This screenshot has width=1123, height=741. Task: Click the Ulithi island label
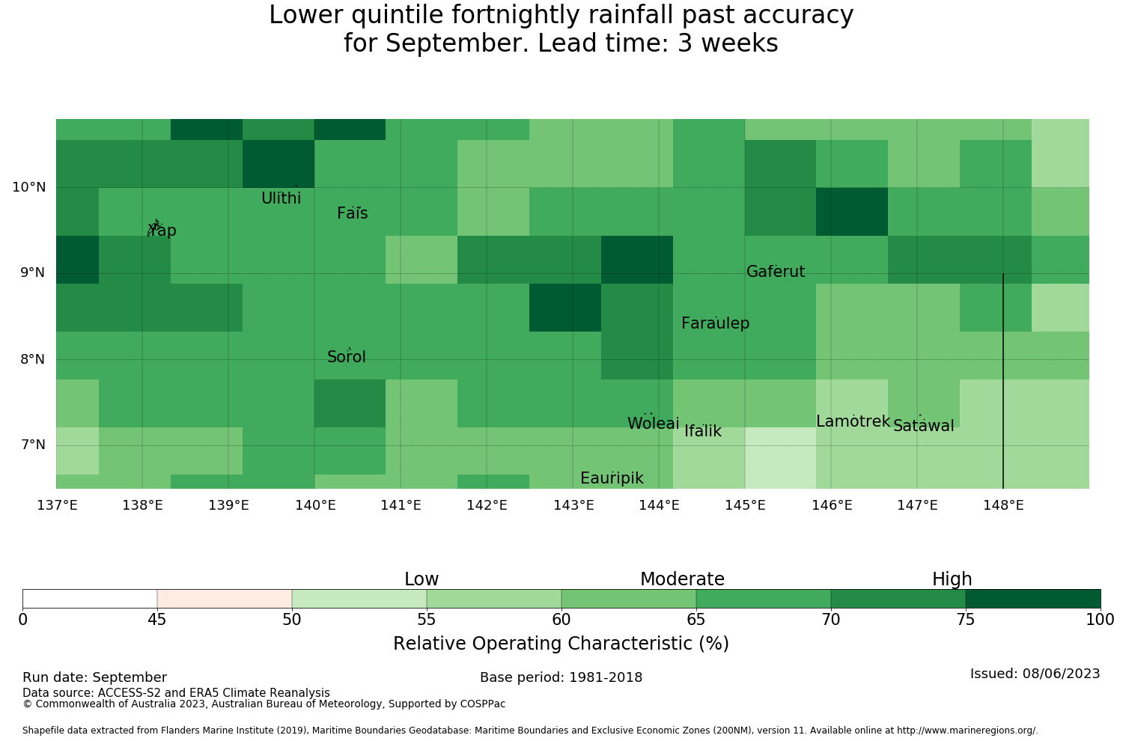click(281, 198)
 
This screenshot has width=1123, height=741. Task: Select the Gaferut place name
click(776, 271)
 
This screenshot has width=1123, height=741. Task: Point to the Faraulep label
click(716, 323)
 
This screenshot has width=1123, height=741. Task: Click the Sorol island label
click(347, 357)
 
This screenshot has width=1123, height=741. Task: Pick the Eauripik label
click(612, 478)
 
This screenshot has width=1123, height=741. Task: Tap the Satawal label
click(923, 426)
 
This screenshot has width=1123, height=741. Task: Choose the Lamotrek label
click(853, 421)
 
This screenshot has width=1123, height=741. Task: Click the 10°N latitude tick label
click(29, 188)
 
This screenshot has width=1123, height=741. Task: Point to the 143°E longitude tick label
click(573, 505)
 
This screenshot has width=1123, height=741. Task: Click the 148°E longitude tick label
click(1003, 505)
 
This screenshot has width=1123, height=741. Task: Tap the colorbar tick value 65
click(696, 620)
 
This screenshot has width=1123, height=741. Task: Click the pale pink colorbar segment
click(225, 599)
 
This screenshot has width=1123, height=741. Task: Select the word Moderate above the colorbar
click(682, 579)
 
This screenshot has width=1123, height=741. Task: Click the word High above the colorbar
click(952, 579)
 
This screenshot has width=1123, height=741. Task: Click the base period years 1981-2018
click(606, 677)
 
